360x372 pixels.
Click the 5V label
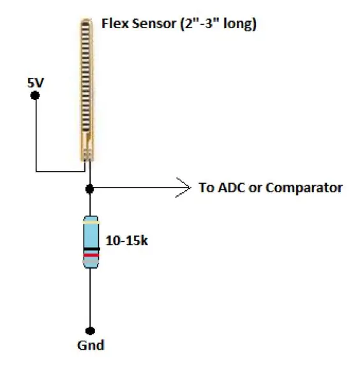(36, 83)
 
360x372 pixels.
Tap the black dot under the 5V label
(35, 96)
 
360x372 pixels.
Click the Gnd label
(91, 345)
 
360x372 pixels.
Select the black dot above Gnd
(90, 331)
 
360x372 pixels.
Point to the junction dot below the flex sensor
(89, 189)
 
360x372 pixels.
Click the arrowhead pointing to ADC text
(184, 188)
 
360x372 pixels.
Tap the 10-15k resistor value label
(127, 241)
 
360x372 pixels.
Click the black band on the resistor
(92, 249)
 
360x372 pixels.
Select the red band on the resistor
(91, 255)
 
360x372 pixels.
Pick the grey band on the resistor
(91, 261)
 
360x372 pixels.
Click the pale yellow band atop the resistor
(91, 223)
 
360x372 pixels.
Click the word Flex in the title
(115, 24)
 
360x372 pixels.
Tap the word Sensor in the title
(154, 24)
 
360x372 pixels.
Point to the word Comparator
(304, 188)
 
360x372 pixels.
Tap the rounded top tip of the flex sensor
(86, 20)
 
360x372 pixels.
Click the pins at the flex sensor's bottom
(86, 156)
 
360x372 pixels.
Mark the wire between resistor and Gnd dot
(90, 297)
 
